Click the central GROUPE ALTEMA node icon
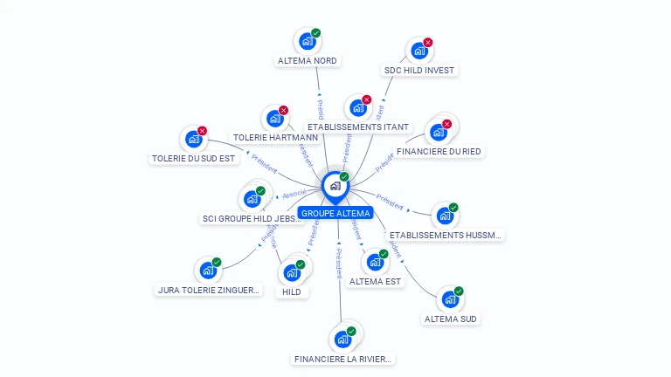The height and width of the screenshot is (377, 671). (x=335, y=185)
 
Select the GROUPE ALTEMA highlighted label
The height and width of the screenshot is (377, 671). (x=335, y=213)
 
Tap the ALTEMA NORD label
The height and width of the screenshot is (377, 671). (x=307, y=61)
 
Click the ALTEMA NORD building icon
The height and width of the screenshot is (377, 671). (x=307, y=41)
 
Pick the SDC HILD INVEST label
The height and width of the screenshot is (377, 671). (x=419, y=70)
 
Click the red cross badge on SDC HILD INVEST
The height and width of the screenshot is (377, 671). (x=428, y=43)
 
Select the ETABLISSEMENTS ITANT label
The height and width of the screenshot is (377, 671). (x=358, y=127)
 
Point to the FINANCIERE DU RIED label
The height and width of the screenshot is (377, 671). (x=439, y=151)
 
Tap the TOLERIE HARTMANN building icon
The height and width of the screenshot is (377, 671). (x=275, y=119)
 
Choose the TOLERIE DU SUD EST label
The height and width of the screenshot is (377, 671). (x=194, y=159)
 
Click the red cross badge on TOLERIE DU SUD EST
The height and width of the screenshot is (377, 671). (x=202, y=131)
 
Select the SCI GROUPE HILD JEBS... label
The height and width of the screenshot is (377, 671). (x=252, y=218)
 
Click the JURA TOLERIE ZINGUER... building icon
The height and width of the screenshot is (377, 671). (x=208, y=271)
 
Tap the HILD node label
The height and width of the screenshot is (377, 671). (x=292, y=291)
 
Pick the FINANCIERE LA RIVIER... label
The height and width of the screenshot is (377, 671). (x=343, y=359)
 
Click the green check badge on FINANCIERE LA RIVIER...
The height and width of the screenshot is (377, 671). (x=351, y=331)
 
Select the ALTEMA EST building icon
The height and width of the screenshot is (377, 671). (x=375, y=262)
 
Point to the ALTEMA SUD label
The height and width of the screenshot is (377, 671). (x=451, y=319)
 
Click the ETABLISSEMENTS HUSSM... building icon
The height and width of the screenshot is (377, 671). (x=445, y=215)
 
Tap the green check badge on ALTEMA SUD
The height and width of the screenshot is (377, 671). (x=459, y=291)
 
